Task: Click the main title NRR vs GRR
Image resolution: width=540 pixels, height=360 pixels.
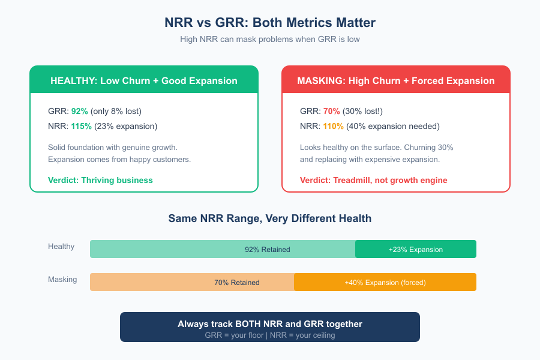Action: coord(270,23)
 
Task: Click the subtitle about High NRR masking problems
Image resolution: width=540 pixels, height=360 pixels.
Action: coord(270,39)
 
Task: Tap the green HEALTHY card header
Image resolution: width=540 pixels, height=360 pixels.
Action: coord(144,80)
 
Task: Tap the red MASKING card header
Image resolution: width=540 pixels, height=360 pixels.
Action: coord(396,80)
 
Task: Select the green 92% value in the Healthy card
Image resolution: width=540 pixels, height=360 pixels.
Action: coord(79,111)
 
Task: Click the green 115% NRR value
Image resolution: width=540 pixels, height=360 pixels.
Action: coord(81,126)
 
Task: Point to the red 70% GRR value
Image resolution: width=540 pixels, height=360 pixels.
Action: coord(331,111)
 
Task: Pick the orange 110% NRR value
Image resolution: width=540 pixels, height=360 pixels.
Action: coord(333,126)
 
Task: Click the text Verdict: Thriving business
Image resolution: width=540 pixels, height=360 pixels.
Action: coord(100,180)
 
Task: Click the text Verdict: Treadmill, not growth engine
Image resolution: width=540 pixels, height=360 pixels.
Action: coord(373,180)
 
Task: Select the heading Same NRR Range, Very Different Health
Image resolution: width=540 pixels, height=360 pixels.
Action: coord(270,218)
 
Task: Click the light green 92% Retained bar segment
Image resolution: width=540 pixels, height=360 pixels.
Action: coord(223,249)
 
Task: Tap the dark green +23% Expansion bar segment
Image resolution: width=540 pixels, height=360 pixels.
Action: coord(415,249)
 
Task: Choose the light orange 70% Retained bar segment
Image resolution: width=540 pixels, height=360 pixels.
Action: coord(192,282)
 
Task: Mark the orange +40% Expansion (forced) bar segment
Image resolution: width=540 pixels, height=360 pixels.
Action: coord(385,282)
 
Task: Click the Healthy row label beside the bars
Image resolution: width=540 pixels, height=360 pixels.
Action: coord(61,246)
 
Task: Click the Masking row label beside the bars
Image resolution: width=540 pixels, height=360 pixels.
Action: coord(62,279)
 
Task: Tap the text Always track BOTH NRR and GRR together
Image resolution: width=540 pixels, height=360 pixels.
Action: coord(270,324)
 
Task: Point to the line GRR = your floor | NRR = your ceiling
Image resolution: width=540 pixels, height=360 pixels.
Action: coord(270,335)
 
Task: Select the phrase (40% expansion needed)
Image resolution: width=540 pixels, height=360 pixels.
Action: coord(393,126)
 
